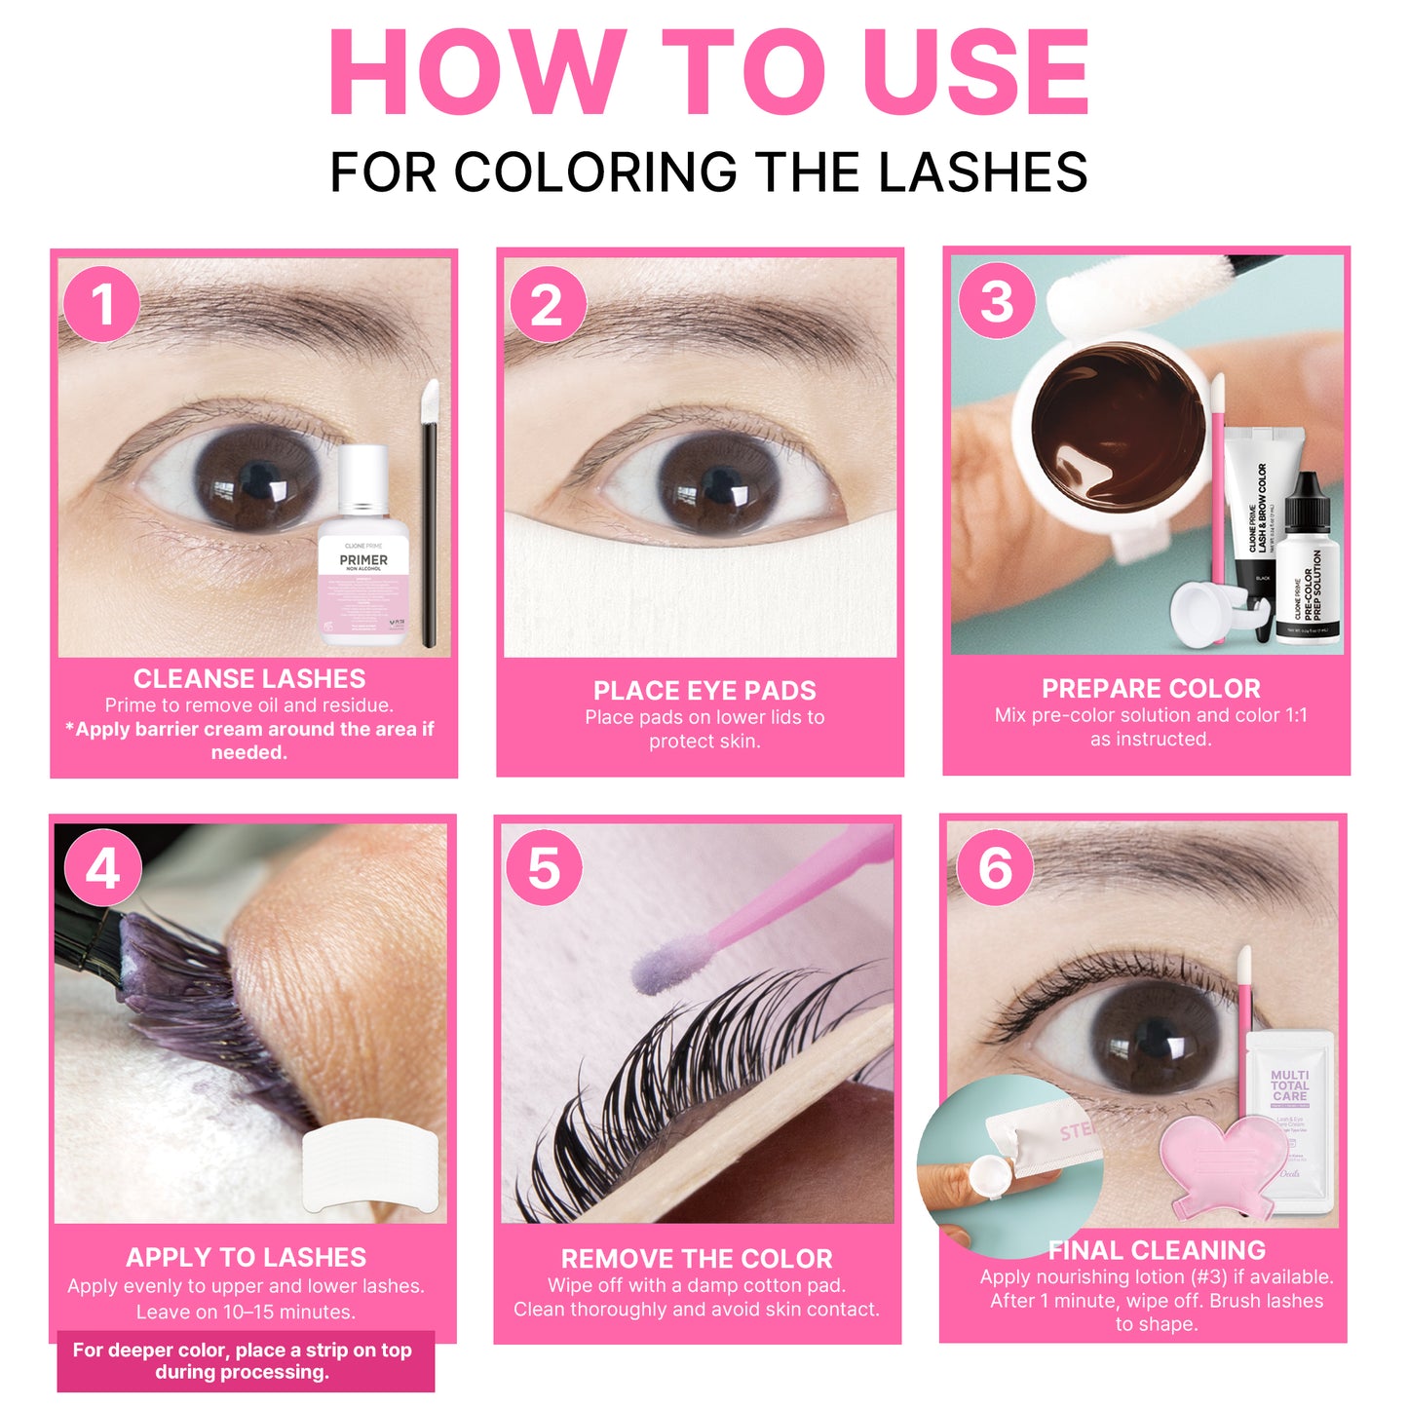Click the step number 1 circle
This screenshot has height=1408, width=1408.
click(101, 304)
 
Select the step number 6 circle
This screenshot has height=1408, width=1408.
click(995, 867)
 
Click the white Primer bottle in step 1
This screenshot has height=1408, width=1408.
click(363, 551)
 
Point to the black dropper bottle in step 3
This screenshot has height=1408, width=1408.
click(1308, 560)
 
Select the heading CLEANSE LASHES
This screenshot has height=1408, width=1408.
click(249, 679)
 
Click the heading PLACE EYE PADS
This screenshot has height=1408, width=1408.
click(704, 691)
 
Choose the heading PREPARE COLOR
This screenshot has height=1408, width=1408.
click(1151, 689)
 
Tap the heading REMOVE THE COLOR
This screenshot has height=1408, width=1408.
click(697, 1259)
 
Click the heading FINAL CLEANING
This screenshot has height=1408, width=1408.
click(1157, 1250)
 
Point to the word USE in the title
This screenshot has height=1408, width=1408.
click(975, 73)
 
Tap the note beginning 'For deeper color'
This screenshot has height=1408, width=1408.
click(243, 1361)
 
